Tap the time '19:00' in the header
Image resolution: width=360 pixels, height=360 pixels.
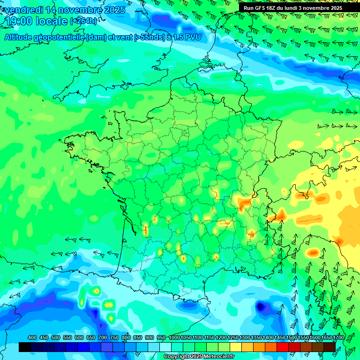[19, 22]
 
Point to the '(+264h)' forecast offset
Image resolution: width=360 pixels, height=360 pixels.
[83, 21]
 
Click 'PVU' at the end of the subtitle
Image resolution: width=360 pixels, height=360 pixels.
[192, 37]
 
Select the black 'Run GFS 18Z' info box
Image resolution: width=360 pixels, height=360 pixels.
[292, 7]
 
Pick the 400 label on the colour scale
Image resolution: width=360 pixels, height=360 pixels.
[32, 338]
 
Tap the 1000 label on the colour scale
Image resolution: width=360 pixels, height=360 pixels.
[174, 338]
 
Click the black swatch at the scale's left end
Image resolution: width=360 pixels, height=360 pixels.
[25, 347]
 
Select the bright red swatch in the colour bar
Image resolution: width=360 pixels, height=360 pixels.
[283, 347]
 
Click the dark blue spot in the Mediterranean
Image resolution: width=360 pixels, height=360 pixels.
[259, 307]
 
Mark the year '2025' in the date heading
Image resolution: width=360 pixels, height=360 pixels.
[114, 10]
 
